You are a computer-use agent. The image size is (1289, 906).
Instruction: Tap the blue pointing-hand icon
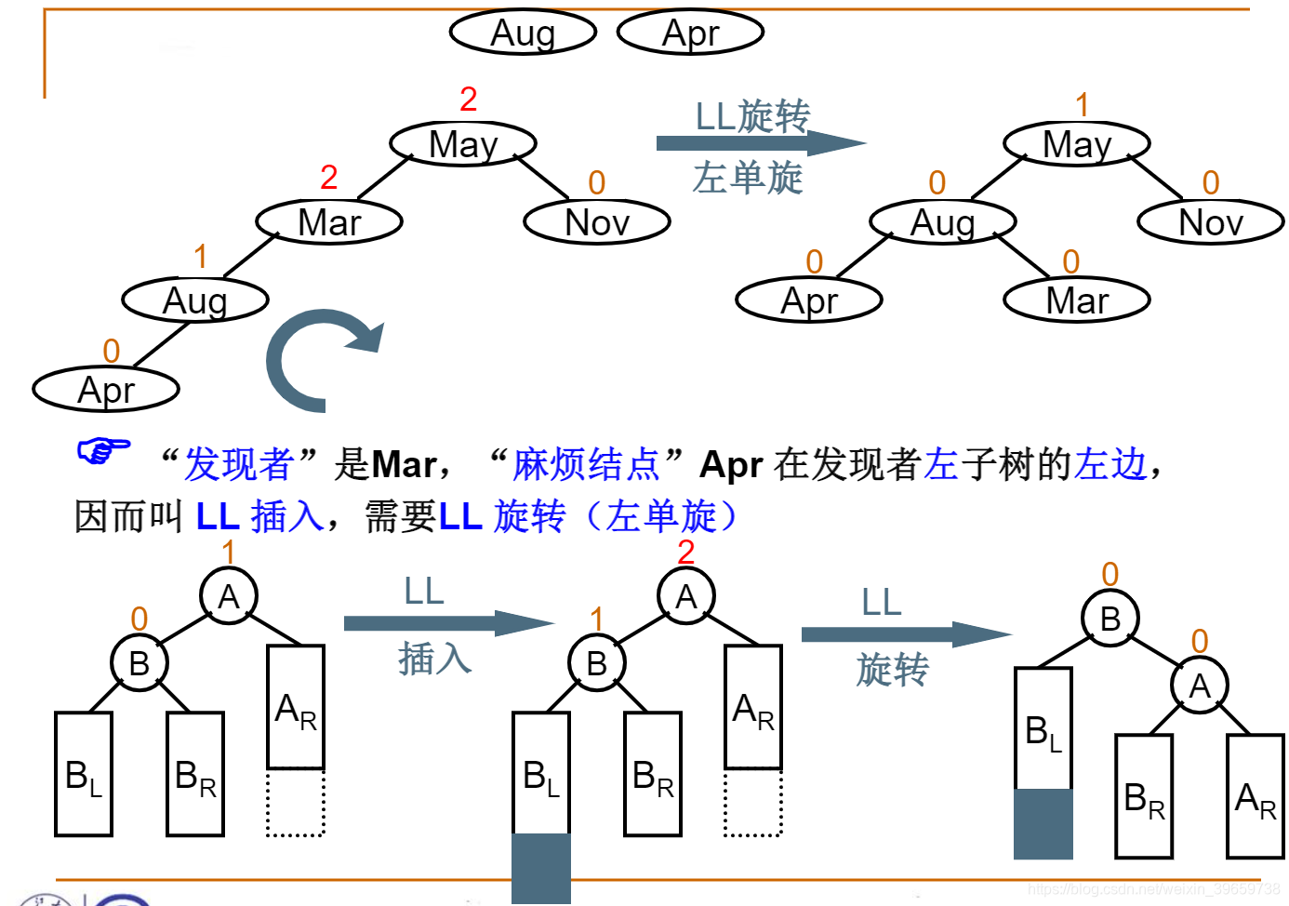[x=102, y=451]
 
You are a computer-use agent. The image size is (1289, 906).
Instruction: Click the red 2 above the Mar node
[x=328, y=177]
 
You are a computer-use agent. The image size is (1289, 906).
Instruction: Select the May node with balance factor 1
[x=1077, y=144]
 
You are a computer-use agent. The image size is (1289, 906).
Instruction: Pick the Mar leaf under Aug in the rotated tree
[x=1077, y=300]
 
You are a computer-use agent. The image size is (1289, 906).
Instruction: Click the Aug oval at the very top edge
[x=523, y=33]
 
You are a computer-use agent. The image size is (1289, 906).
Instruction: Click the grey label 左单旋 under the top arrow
[x=748, y=178]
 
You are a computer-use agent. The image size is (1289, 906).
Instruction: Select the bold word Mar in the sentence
[x=404, y=464]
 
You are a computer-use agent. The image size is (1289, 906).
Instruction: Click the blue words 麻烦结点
[x=586, y=464]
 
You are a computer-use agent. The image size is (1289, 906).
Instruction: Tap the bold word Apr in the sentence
[x=731, y=464]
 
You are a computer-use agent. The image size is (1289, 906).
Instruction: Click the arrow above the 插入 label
[x=446, y=622]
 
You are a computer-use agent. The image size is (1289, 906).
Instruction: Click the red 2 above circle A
[x=685, y=552]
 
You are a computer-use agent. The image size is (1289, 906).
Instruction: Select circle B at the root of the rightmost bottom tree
[x=1110, y=619]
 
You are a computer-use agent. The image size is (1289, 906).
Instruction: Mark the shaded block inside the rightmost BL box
[x=1043, y=823]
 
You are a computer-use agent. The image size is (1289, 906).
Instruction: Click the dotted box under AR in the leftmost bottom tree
[x=296, y=802]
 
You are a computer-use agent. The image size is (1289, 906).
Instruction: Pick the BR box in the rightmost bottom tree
[x=1144, y=796]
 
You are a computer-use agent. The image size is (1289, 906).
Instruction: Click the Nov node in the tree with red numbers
[x=597, y=222]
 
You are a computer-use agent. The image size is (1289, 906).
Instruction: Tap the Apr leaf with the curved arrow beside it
[x=106, y=390]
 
